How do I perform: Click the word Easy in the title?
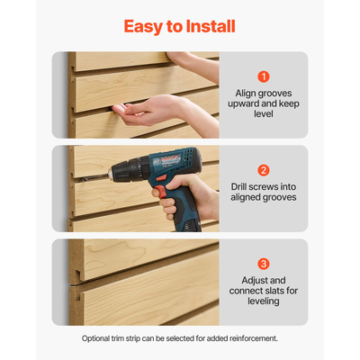click(143, 26)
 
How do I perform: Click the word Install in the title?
click(207, 26)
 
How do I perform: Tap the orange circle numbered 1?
click(264, 76)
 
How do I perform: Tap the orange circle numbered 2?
click(264, 170)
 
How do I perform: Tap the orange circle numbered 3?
click(264, 264)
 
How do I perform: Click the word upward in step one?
click(247, 104)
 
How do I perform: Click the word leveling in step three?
click(264, 302)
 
